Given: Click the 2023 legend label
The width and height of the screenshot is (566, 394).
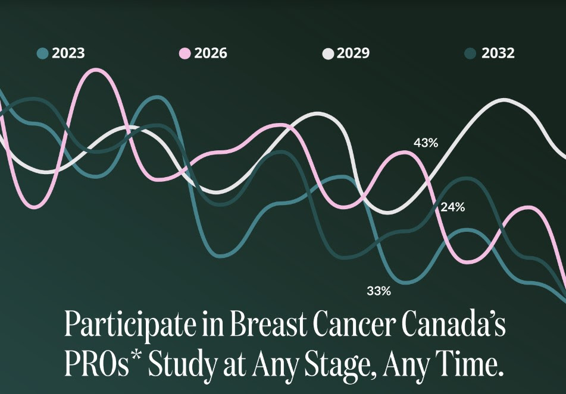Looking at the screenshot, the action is [68, 53].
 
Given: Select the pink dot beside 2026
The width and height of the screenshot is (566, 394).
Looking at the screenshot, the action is [185, 53].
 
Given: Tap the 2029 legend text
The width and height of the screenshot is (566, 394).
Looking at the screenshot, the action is [353, 53].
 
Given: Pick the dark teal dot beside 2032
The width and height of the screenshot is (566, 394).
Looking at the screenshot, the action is [470, 53].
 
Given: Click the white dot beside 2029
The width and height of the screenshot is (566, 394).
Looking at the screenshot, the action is [328, 53].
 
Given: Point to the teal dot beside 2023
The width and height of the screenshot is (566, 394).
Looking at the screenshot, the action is [43, 53].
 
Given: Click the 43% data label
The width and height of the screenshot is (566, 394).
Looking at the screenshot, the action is [426, 143].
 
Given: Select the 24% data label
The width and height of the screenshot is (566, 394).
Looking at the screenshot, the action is [453, 207].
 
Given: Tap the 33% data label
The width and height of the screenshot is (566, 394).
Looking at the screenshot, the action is [379, 291].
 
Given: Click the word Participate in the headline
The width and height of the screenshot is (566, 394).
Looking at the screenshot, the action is [130, 324].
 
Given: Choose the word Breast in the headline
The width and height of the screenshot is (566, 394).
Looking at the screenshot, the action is [268, 323].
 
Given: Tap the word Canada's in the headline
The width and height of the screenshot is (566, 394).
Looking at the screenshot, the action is [454, 323].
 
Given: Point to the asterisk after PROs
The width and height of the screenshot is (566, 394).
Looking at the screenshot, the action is [136, 354].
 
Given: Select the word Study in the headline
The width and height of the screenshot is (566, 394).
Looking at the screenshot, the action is [183, 364].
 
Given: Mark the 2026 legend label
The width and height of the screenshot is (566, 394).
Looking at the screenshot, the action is [211, 53].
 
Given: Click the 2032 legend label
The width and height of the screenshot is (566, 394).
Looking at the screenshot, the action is [498, 53].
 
